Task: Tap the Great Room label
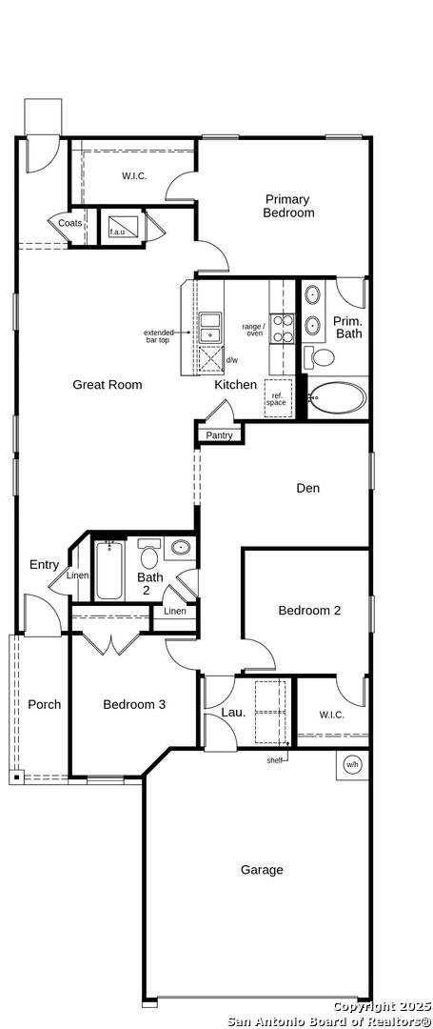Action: click(108, 385)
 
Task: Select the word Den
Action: click(308, 488)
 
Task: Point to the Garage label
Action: click(262, 870)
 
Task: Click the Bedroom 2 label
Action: click(309, 611)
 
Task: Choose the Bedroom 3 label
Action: click(134, 705)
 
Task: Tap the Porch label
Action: click(45, 705)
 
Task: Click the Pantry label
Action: click(220, 435)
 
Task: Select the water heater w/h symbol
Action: click(352, 764)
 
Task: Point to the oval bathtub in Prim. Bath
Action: click(338, 397)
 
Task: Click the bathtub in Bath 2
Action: click(109, 570)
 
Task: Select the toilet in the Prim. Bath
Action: click(319, 357)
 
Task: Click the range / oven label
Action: click(254, 330)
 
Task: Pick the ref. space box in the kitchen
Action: click(276, 398)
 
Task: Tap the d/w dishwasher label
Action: click(232, 360)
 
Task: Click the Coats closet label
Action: click(70, 223)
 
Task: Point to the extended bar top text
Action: click(159, 336)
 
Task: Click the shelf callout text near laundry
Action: click(274, 760)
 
